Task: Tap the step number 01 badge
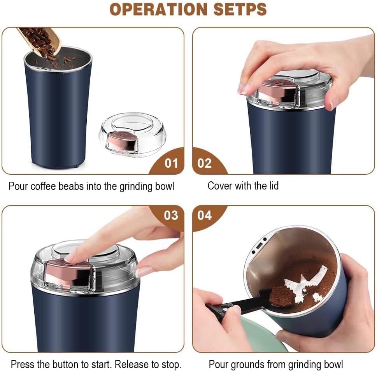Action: pos(171,163)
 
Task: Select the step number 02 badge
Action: pos(205,163)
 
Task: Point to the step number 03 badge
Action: pos(171,215)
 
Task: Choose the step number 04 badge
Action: pos(205,215)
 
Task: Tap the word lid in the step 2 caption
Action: pos(273,186)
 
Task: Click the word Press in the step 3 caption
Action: pos(21,365)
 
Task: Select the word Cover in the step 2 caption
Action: pos(219,186)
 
